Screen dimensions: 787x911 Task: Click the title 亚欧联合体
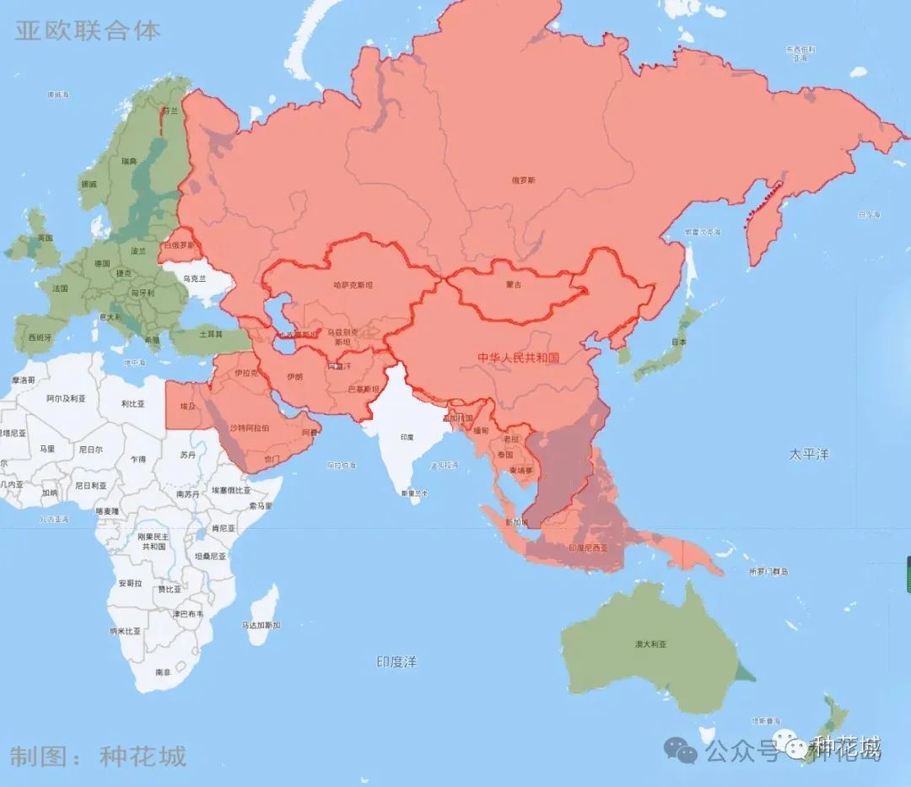[x=88, y=31]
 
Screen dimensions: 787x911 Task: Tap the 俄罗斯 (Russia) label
[x=523, y=180]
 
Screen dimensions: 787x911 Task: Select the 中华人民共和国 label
[x=518, y=358]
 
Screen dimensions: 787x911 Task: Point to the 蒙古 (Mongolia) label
[x=513, y=285]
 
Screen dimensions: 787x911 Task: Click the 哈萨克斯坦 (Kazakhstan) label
[x=353, y=285]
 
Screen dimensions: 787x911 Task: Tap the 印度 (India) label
[x=407, y=437]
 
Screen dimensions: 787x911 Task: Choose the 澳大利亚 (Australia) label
[x=650, y=644]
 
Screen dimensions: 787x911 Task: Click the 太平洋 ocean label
[x=809, y=454]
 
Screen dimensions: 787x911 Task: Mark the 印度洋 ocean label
[x=396, y=662]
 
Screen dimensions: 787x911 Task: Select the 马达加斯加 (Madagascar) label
[x=261, y=625]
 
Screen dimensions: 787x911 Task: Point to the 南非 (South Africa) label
[x=163, y=672]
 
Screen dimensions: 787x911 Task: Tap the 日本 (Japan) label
[x=678, y=342]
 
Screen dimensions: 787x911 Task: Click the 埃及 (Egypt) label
[x=187, y=407]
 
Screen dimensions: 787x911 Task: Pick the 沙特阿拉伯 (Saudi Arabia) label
[x=250, y=428]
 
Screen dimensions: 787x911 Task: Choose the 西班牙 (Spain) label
[x=40, y=337]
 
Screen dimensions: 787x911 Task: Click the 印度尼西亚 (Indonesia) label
[x=588, y=547]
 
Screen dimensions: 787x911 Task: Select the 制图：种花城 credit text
[x=97, y=755]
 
